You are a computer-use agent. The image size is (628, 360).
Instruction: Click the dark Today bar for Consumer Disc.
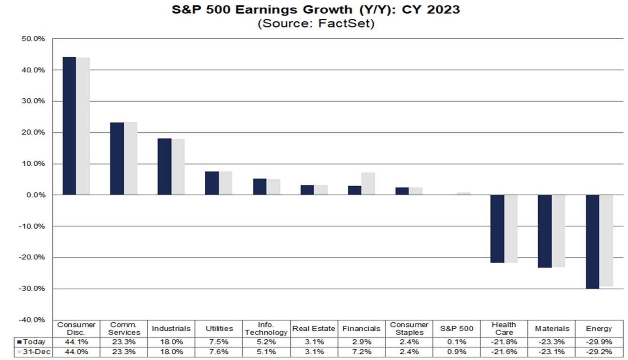[x=69, y=126]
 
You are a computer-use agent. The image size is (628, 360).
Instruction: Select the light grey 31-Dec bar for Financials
[x=368, y=184]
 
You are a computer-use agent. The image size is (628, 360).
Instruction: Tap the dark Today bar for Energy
[x=592, y=241]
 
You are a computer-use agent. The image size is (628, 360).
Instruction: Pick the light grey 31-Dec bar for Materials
[x=559, y=231]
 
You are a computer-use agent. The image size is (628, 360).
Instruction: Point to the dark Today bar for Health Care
[x=497, y=229]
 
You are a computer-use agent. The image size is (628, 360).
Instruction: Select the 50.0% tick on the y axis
[x=33, y=39]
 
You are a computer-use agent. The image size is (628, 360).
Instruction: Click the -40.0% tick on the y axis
[x=32, y=320]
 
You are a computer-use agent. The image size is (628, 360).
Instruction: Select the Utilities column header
[x=219, y=328]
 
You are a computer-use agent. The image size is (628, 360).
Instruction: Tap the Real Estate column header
[x=314, y=328]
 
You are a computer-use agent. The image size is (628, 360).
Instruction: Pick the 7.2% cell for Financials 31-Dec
[x=361, y=352]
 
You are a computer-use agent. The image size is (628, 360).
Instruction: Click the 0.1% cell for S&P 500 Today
[x=456, y=342]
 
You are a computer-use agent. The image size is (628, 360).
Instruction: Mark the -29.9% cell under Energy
[x=598, y=342]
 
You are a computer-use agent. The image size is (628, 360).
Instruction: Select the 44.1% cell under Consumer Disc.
[x=76, y=342]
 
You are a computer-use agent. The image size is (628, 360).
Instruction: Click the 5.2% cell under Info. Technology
[x=266, y=342]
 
